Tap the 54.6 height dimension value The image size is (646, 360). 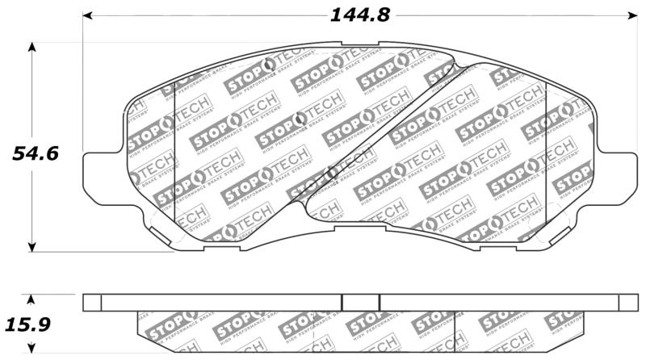(x=34, y=153)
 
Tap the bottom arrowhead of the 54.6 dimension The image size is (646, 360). (x=32, y=247)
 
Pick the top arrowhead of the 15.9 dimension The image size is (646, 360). (x=32, y=298)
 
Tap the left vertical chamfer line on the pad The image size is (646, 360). (x=175, y=153)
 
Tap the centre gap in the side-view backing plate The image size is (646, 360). (x=361, y=302)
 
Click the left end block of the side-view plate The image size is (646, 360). (x=93, y=302)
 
